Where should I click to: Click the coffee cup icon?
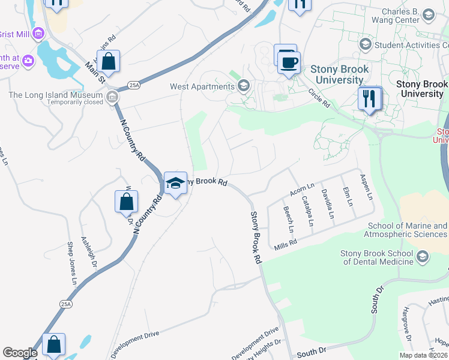click(x=289, y=62)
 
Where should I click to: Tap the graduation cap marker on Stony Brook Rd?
click(x=175, y=183)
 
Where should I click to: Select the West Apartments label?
click(x=202, y=86)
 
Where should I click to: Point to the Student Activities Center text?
click(x=411, y=44)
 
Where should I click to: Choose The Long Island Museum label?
click(x=55, y=95)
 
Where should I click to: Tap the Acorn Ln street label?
click(x=302, y=190)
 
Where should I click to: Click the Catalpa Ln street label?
click(x=307, y=211)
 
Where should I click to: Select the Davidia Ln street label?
click(x=327, y=204)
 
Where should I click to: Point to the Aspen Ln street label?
click(x=366, y=187)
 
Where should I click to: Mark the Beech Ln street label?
click(x=288, y=220)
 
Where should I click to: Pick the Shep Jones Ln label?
click(x=71, y=264)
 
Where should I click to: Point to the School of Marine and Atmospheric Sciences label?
click(x=408, y=230)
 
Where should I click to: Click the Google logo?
click(x=20, y=353)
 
